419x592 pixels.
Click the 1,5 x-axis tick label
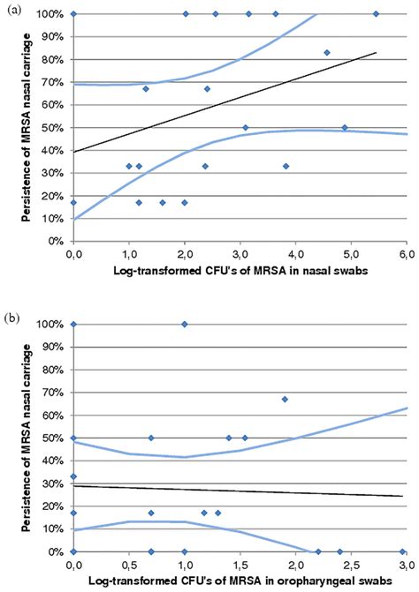point(240,563)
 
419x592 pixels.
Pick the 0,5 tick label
point(129,563)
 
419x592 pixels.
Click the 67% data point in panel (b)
point(285,399)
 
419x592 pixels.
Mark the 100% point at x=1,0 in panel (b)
point(184,324)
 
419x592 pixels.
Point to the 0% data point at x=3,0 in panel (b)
point(404,551)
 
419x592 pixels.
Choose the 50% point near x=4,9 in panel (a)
point(345,127)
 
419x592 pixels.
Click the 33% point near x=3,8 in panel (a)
point(286,165)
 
